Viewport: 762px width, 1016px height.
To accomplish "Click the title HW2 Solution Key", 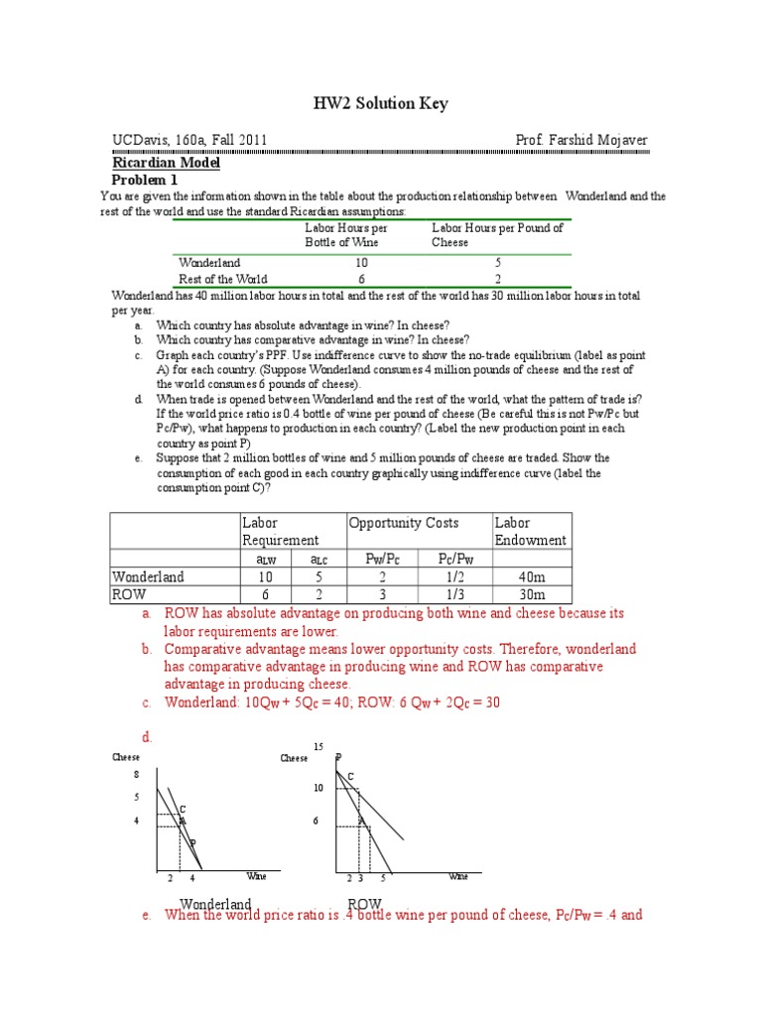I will [x=381, y=104].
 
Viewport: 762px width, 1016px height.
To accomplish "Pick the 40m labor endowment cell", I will [x=531, y=576].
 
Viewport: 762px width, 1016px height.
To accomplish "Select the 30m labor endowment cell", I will [x=531, y=594].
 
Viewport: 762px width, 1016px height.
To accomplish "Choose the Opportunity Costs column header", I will [x=403, y=523].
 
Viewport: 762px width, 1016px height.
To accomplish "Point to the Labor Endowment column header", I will [x=531, y=531].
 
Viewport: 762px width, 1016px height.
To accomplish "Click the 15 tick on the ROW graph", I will [x=318, y=745].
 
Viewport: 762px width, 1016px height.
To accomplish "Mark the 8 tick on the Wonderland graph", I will [x=137, y=775].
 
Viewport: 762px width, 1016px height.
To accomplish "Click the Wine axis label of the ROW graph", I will [x=458, y=877].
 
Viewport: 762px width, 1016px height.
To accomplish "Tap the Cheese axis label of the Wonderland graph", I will [x=126, y=757].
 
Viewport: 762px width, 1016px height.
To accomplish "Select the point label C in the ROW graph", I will [x=350, y=776].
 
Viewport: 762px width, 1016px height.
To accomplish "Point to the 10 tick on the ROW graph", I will [x=318, y=788].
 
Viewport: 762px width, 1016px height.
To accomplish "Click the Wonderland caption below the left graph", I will [x=215, y=904].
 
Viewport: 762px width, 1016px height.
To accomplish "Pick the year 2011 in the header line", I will [x=249, y=141].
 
